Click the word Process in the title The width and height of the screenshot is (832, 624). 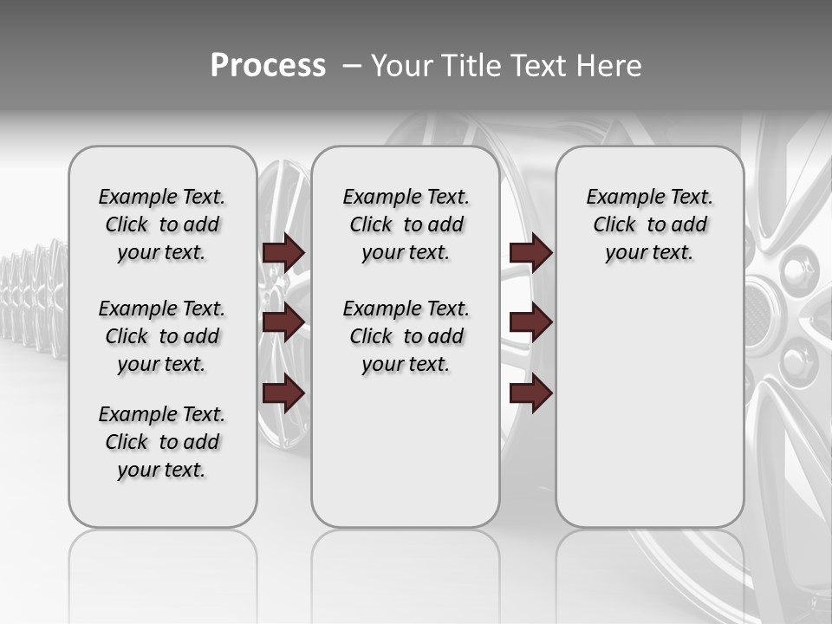268,66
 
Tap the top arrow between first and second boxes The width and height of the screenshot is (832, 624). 283,252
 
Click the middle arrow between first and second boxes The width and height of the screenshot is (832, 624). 283,322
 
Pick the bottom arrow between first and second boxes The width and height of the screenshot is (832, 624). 283,393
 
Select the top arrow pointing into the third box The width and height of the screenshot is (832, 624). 530,252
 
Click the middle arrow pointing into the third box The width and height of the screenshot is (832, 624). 530,322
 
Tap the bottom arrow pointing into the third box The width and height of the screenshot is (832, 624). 530,393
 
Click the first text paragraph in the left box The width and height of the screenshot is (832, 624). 162,224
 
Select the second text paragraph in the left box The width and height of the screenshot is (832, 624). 162,336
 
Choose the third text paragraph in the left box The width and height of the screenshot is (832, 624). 162,442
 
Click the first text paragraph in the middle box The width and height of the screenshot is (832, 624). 406,224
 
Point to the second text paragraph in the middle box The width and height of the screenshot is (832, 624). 406,336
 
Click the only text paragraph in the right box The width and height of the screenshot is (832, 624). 649,224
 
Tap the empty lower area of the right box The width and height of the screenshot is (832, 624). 649,416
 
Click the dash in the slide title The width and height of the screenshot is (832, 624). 351,67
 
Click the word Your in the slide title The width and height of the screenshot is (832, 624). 402,66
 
